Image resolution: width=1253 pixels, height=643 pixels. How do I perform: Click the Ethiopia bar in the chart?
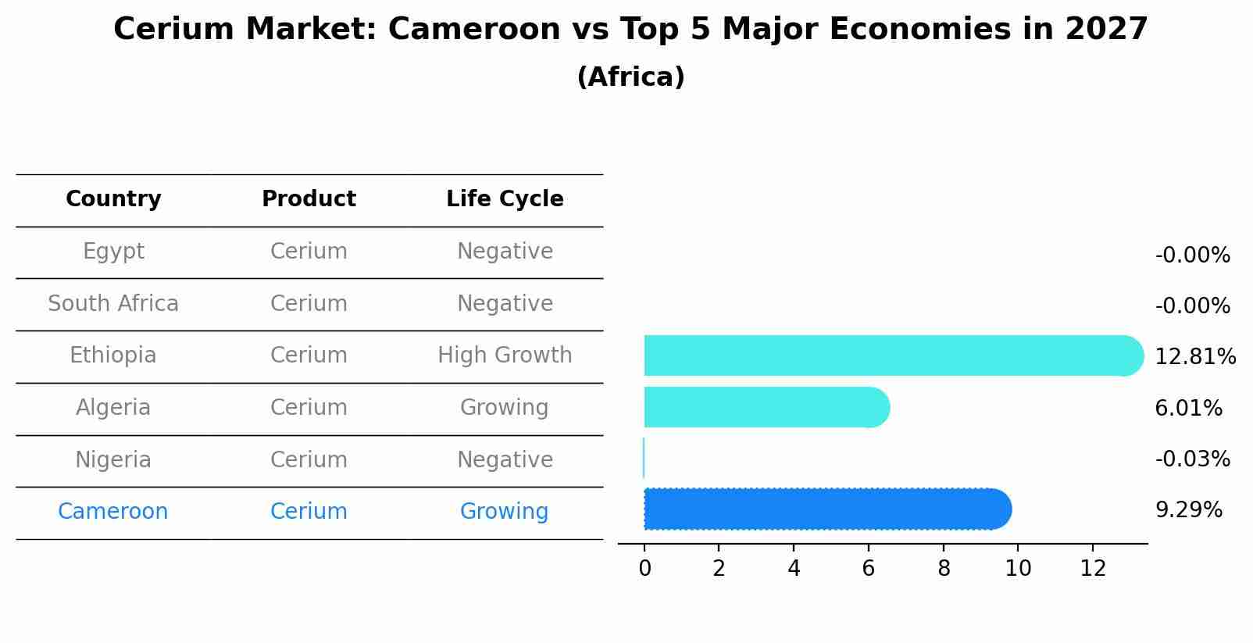pos(891,355)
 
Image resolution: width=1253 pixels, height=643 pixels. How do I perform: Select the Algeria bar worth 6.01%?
pos(766,407)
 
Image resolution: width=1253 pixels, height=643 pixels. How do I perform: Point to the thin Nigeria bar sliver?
pos(644,458)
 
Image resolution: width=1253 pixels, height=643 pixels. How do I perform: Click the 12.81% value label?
pos(1194,357)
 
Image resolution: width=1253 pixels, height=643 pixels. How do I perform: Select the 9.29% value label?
pos(1188,510)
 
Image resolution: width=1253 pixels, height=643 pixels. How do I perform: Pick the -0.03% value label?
pos(1192,459)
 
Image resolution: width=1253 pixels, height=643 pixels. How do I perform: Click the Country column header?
pos(113,199)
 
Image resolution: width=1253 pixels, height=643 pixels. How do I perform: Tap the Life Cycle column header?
pos(505,199)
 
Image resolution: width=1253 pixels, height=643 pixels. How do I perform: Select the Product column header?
pos(309,199)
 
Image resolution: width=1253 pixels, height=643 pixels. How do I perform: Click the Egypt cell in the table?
pos(113,252)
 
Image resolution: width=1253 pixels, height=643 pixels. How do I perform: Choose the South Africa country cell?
pos(113,304)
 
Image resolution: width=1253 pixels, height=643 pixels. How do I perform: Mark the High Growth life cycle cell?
pos(505,355)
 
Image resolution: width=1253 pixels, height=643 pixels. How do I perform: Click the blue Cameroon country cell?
pos(113,512)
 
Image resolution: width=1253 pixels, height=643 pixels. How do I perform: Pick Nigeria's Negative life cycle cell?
pos(505,459)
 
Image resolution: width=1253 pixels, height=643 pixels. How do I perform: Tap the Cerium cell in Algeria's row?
pos(309,408)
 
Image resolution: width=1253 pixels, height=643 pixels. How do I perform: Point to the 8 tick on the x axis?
pos(944,569)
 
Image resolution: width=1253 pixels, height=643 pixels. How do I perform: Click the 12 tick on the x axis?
pos(1093,569)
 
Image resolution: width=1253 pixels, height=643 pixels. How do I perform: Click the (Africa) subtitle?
pos(630,77)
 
